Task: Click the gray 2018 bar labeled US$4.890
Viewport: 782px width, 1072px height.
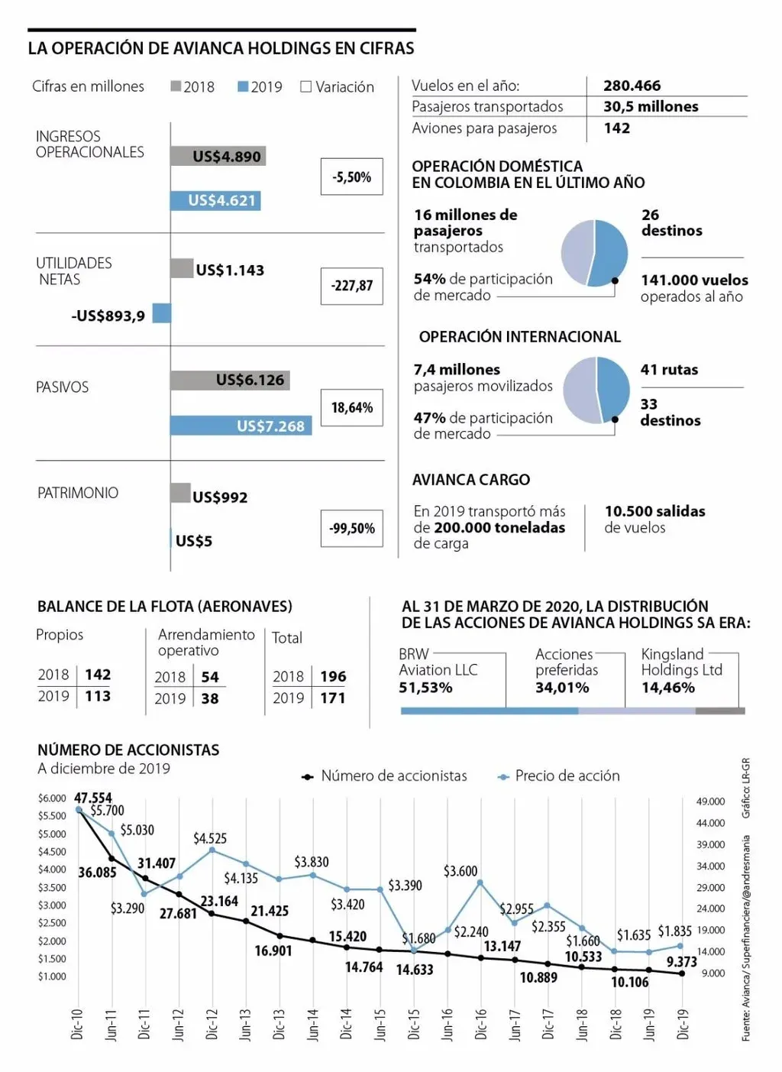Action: [x=218, y=156]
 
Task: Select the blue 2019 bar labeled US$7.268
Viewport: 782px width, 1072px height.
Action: [x=241, y=426]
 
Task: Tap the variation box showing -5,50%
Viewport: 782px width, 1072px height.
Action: [x=352, y=177]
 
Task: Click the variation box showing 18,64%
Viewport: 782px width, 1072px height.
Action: [x=352, y=408]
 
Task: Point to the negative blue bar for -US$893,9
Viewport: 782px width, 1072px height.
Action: [x=161, y=313]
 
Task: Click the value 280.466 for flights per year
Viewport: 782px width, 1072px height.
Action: [x=632, y=86]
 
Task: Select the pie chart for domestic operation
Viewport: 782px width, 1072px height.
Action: [x=594, y=253]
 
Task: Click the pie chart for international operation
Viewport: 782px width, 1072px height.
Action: [x=596, y=390]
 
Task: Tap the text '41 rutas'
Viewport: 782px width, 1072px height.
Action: [x=669, y=370]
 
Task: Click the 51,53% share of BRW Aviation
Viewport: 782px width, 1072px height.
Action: [x=425, y=688]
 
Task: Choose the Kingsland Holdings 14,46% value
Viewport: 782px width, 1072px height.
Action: [x=667, y=688]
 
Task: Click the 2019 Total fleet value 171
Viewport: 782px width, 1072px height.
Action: [x=332, y=698]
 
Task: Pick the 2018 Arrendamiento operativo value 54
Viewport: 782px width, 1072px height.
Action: [x=210, y=677]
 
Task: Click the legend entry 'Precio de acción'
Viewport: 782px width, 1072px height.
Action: [x=567, y=776]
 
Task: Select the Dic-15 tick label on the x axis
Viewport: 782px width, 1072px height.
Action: [x=413, y=1024]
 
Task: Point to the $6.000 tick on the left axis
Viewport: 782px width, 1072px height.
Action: [x=52, y=798]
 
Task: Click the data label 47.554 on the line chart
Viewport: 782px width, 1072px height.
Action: [x=93, y=798]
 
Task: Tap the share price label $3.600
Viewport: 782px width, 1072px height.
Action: [x=460, y=871]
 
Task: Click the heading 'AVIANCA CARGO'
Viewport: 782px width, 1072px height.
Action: [x=471, y=480]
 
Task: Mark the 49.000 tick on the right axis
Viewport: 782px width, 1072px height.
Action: [x=710, y=802]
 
